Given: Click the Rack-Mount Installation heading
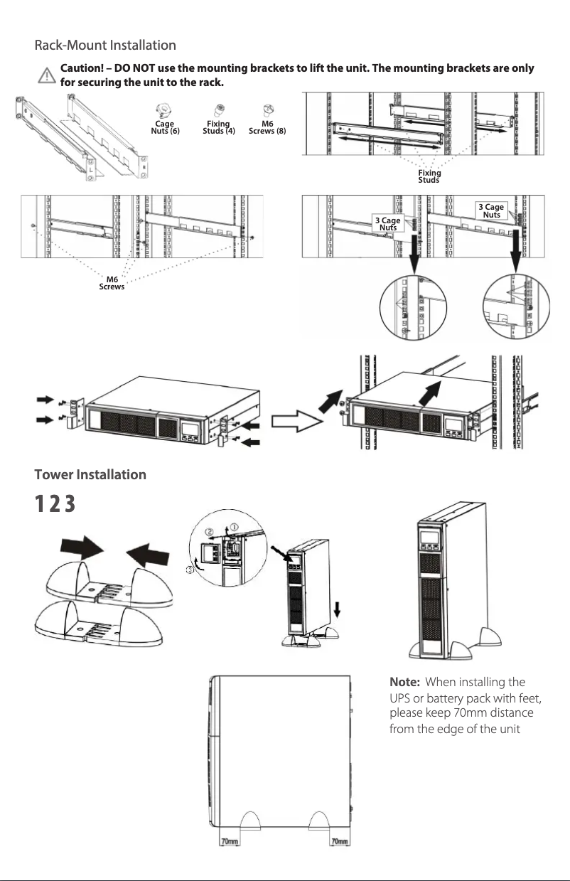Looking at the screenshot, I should [105, 46].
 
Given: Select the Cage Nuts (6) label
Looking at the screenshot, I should [166, 127].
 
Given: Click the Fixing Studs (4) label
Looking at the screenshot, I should [218, 127].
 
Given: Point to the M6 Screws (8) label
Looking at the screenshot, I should [267, 127].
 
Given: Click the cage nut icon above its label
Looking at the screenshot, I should [165, 110].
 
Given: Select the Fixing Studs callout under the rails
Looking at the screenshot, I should [429, 176].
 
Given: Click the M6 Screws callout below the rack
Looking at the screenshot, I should [112, 283].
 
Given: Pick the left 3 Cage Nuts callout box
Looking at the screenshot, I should [387, 223].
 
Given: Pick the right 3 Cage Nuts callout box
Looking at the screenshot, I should [491, 210].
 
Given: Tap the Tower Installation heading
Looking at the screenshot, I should [91, 474].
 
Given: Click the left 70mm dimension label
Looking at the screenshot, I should [230, 842].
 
